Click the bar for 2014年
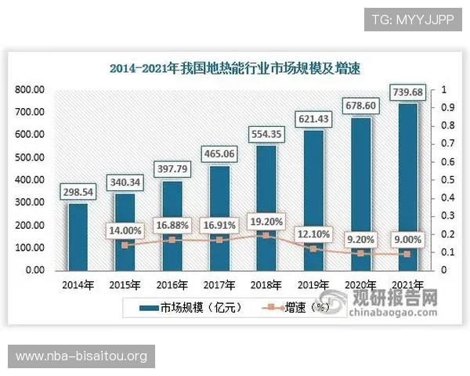pos(78,236)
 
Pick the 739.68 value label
pos(407,93)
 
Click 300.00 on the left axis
pos(30,202)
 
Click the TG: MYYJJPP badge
pos(413,18)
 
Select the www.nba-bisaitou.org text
pos(81,356)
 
